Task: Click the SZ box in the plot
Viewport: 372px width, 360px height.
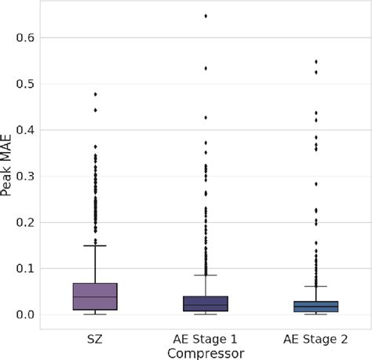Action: (95, 296)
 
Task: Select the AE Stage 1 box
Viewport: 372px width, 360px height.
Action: (206, 304)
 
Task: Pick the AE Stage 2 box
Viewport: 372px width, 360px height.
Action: (316, 307)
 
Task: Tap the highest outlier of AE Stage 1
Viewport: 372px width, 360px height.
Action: (206, 16)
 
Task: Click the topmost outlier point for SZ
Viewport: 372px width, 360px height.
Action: (95, 94)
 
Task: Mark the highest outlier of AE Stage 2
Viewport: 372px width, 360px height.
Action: (316, 61)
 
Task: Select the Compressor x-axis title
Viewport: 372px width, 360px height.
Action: (206, 353)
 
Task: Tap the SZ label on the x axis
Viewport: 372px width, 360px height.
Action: (95, 339)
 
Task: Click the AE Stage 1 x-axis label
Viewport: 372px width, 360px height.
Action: (206, 339)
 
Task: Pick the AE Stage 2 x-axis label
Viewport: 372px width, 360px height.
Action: (316, 339)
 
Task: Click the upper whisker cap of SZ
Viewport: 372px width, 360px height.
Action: (95, 245)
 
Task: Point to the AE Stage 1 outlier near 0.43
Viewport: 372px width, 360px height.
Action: (206, 117)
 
